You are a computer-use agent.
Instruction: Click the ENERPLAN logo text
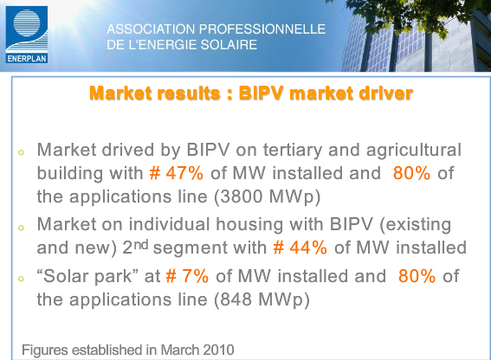[27, 59]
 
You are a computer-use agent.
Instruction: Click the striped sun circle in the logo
[27, 22]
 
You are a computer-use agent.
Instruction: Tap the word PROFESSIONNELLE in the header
[262, 29]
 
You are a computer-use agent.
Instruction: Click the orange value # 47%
[177, 173]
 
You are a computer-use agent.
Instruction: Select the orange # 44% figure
[300, 247]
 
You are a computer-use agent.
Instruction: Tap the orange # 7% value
[187, 276]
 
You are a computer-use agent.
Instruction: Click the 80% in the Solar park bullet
[417, 276]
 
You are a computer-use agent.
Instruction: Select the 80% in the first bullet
[411, 173]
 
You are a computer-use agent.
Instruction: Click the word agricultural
[414, 151]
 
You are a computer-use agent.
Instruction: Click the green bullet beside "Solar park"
[21, 279]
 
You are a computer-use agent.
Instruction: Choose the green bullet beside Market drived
[21, 152]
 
